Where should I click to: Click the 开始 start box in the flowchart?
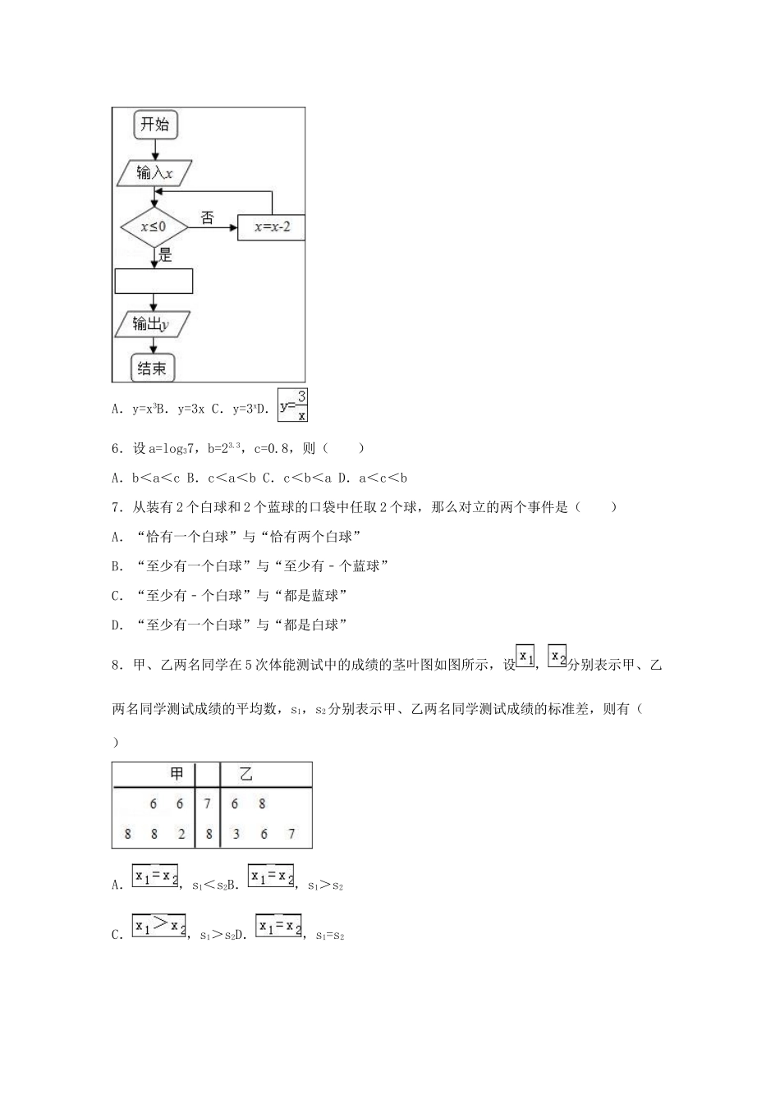154,125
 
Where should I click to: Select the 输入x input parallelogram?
154,173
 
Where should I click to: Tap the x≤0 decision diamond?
154,226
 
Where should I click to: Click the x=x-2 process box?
271,227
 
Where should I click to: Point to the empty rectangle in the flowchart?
154,281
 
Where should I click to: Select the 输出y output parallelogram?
152,324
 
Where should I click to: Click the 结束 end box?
154,368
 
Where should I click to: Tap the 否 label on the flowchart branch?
208,218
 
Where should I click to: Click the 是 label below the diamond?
165,255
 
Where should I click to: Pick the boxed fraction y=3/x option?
293,405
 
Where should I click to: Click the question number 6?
116,448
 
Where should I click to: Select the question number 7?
116,507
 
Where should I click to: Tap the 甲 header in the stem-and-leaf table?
177,774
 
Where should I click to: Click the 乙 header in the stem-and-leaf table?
245,774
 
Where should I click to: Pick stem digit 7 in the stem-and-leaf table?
208,804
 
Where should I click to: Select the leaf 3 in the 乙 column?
236,834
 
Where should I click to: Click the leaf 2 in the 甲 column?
181,834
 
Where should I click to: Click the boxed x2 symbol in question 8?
557,657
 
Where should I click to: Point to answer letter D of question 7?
116,625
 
